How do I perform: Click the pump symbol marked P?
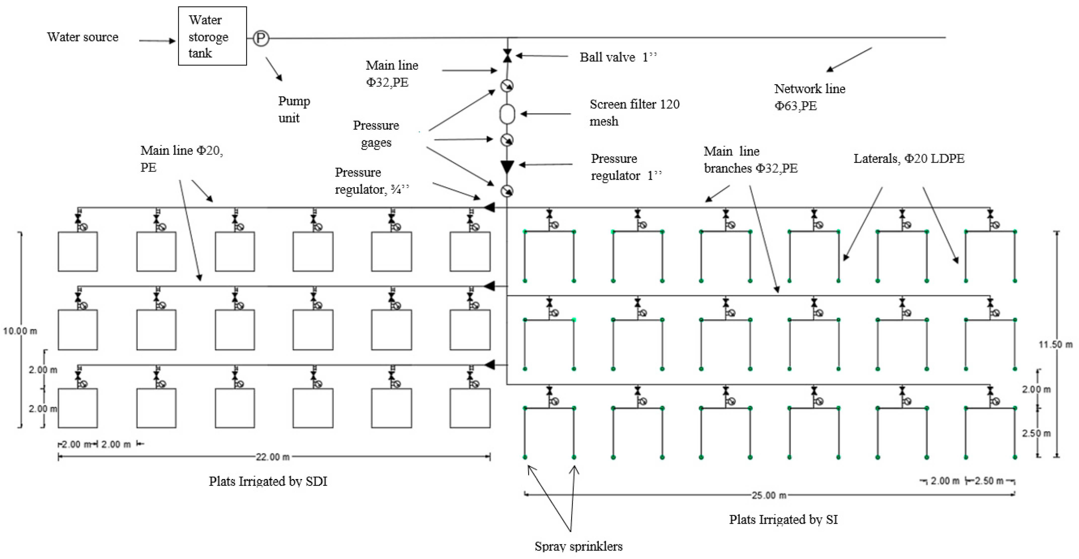[x=260, y=38]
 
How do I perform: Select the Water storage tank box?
[x=212, y=36]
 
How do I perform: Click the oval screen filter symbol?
[x=507, y=113]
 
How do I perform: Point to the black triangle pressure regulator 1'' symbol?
[x=507, y=166]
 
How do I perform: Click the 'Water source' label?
[x=82, y=37]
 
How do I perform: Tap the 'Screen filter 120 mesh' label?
[x=634, y=112]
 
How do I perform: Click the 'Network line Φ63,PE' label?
[x=809, y=97]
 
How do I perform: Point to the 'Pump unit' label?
[x=294, y=109]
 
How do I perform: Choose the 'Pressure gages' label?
[x=376, y=134]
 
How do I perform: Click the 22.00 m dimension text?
[x=273, y=457]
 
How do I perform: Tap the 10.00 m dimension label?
[x=20, y=331]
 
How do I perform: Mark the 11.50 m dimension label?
[x=1055, y=344]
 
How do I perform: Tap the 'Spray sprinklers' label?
[x=578, y=546]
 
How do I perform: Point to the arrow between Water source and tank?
[x=157, y=41]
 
